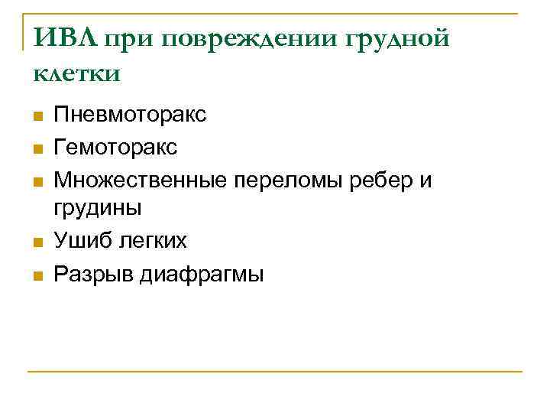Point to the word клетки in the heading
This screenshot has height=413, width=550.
tap(77, 73)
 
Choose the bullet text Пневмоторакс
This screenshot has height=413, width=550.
tap(130, 116)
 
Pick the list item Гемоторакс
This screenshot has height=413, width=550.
tap(115, 147)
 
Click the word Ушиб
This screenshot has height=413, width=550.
tap(82, 241)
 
